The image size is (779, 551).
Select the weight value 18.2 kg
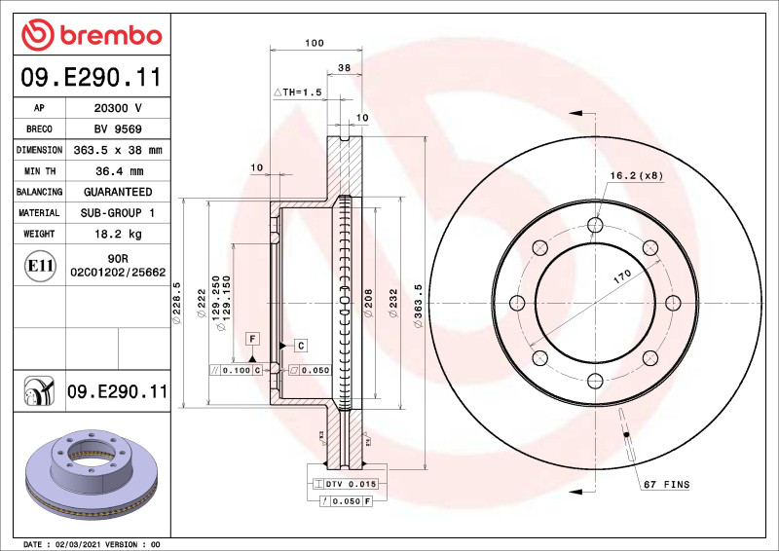117,234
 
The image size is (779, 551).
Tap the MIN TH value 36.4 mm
117,171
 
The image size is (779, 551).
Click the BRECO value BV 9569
117,129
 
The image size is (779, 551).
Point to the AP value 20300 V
117,108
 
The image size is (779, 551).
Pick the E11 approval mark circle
40,265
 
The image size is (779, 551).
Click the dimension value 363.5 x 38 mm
117,150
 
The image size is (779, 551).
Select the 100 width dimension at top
314,43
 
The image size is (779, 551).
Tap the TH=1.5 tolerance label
298,92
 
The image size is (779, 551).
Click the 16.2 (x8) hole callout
636,175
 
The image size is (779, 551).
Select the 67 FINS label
665,484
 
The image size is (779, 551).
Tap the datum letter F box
252,338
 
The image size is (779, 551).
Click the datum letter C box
301,346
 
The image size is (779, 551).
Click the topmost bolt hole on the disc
594,227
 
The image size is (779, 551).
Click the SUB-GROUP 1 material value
117,212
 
